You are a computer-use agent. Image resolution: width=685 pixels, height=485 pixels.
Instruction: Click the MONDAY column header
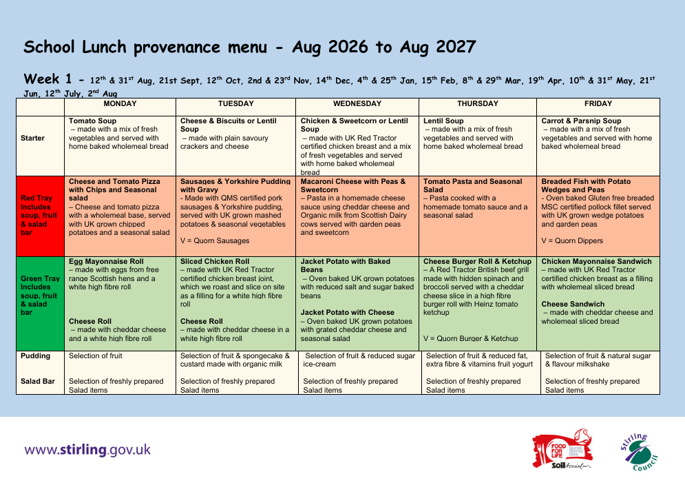tap(120, 103)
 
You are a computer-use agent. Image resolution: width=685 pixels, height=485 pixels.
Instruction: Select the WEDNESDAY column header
tap(357, 103)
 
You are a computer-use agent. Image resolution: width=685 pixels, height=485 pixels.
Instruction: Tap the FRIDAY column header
tap(598, 103)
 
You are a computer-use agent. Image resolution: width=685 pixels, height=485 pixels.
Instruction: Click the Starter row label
tap(33, 138)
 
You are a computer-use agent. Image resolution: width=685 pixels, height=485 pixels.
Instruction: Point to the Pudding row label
tap(35, 355)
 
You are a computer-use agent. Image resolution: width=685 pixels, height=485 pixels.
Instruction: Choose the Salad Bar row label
tap(38, 382)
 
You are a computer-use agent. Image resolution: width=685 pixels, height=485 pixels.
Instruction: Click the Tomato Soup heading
tap(93, 121)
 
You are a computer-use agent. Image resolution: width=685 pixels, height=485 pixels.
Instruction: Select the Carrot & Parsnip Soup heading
tap(581, 121)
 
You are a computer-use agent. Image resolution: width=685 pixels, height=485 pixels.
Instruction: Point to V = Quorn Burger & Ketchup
tap(470, 338)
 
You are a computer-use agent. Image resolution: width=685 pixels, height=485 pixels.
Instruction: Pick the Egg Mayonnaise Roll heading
tap(106, 262)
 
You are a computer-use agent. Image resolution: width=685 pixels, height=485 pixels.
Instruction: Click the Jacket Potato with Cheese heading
tap(347, 312)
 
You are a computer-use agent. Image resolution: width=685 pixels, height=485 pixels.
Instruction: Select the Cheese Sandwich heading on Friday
tap(573, 304)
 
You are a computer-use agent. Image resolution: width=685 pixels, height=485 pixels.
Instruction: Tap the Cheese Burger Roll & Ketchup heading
tap(478, 262)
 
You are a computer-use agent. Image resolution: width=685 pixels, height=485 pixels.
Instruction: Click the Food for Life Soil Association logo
tap(562, 450)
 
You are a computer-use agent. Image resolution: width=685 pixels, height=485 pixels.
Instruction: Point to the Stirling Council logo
tap(640, 452)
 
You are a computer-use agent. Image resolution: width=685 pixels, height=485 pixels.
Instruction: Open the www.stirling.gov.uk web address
tap(87, 450)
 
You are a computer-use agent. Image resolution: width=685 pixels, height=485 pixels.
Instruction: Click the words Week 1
tap(48, 79)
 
